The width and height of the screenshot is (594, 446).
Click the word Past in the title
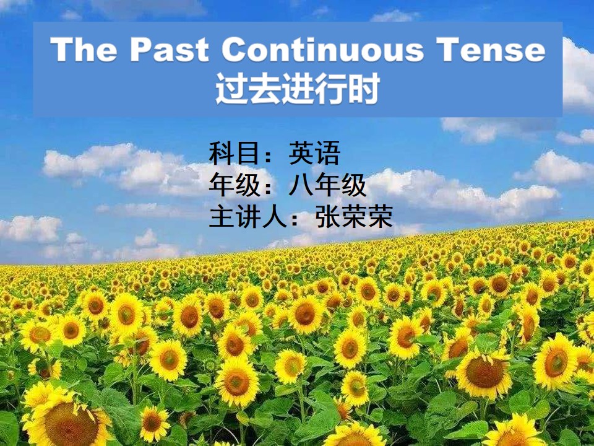point(170,50)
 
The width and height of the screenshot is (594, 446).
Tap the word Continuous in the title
point(322,50)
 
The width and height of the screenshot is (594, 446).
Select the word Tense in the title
point(491,50)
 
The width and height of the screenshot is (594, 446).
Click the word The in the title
point(84,50)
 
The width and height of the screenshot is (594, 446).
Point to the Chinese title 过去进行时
point(298,89)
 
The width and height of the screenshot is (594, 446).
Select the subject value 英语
point(314,153)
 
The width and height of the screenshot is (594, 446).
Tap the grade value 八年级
point(327,185)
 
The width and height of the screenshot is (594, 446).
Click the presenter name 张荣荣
point(354,216)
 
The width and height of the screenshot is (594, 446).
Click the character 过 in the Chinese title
point(231,89)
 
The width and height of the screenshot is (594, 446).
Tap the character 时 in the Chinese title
point(364,89)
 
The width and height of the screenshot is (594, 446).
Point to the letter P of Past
point(142,50)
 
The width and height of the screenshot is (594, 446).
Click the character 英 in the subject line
point(301,153)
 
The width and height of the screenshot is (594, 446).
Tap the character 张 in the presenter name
point(328,216)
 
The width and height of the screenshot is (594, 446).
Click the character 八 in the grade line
point(301,185)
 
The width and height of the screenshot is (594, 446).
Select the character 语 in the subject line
point(328,153)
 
